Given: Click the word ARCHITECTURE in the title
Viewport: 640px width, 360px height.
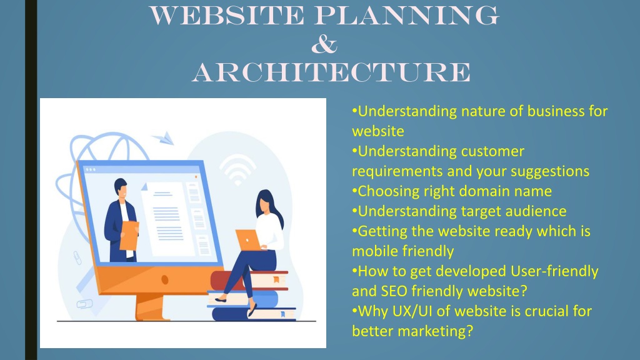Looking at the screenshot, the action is [331, 72].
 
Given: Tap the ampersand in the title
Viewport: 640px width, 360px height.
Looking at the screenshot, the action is [324, 44].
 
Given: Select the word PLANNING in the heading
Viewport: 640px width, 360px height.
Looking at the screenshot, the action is [406, 16].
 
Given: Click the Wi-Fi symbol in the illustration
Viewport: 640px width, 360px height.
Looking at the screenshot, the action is [237, 169].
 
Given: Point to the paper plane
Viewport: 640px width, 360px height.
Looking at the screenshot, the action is [164, 138].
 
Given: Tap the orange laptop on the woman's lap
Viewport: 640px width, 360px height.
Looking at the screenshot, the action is [248, 240].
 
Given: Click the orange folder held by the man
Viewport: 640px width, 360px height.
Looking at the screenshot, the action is [129, 236].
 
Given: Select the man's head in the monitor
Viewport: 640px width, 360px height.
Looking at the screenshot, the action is [121, 188].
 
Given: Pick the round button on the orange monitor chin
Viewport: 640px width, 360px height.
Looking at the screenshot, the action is [164, 279].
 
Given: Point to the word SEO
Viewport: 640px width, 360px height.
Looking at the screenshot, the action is [394, 291].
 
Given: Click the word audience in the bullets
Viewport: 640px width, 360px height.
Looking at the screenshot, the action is [536, 211].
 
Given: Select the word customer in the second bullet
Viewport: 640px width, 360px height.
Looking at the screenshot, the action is [492, 151].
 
